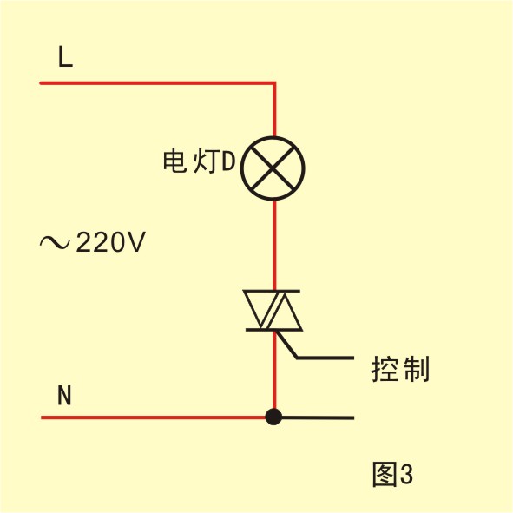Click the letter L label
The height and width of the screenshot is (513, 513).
point(65,56)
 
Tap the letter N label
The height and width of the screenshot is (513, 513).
point(64,395)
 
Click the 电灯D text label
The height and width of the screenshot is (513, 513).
point(200,161)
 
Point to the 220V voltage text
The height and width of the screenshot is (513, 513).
point(110,242)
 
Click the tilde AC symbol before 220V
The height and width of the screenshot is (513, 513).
point(55,242)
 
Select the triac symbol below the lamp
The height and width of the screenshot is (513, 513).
point(273,311)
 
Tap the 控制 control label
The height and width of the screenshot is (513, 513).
point(400,369)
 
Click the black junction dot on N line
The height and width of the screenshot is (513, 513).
point(273,417)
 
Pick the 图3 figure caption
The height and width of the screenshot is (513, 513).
point(393,474)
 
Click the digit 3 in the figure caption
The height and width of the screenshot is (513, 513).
point(407,474)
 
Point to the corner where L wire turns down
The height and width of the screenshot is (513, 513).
point(274,83)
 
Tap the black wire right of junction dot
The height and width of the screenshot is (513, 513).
point(318,418)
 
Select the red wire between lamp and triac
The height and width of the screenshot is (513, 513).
point(274,245)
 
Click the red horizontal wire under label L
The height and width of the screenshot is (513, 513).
point(157,83)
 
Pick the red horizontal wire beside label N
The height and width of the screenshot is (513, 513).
point(153,418)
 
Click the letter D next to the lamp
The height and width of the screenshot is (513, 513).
point(229,161)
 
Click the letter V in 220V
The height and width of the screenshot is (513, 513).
point(136,242)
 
